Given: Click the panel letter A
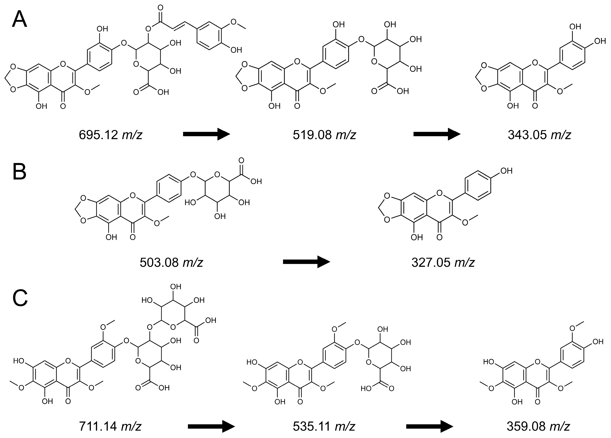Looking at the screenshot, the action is tap(19, 19).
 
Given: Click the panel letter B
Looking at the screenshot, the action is tap(19, 172).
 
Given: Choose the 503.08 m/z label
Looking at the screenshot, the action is tap(171, 262).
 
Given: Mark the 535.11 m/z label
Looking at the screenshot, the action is tap(324, 426).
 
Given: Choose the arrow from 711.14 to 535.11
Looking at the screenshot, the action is tap(211, 426).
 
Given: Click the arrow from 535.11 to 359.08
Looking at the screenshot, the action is tap(429, 426).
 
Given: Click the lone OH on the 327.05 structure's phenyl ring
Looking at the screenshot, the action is tap(506, 171).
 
